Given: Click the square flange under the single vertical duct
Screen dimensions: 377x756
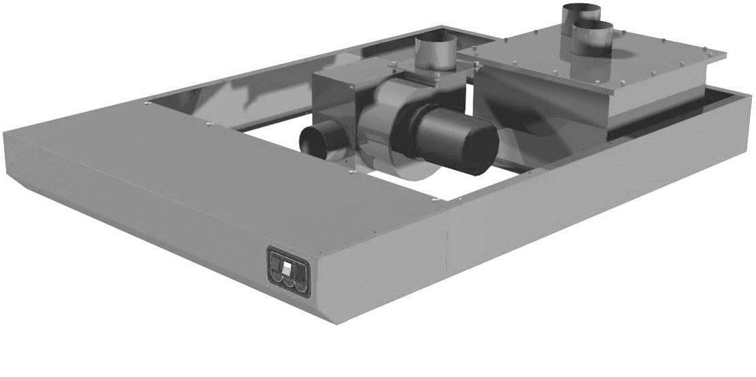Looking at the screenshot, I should [x=430, y=69].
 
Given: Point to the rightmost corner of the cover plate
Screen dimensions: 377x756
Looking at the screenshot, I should [x=725, y=53].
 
